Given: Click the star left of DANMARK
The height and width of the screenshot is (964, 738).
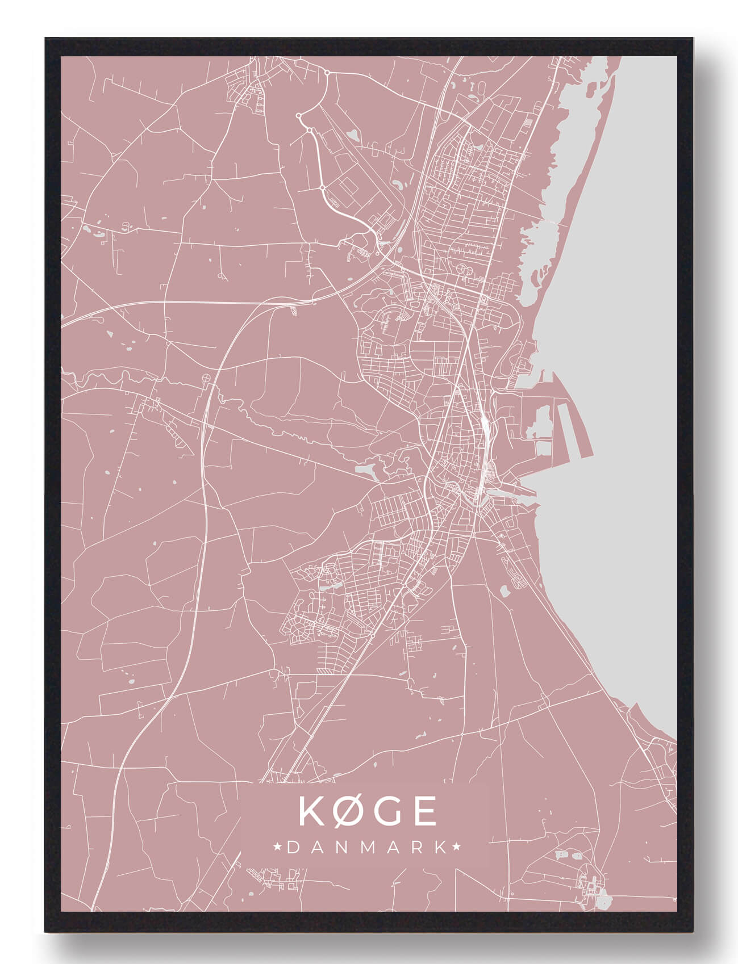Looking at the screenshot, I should (278, 848).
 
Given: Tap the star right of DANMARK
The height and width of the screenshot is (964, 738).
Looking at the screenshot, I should (456, 848).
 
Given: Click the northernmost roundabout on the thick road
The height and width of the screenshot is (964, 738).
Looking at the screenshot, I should (327, 72).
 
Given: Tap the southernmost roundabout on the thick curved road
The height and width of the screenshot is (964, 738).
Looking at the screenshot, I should (322, 187).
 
